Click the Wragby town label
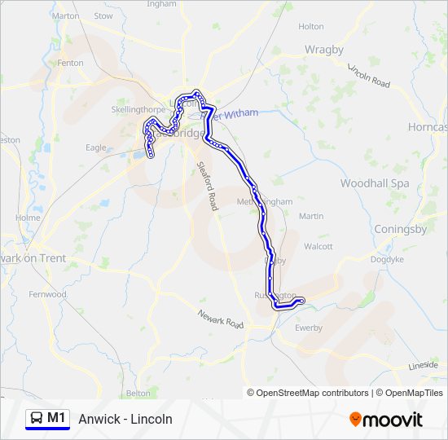(x=324, y=49)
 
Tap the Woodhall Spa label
(x=375, y=183)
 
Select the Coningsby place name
(x=400, y=229)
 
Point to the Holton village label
(x=310, y=26)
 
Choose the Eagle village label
(x=95, y=147)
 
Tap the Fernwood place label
(x=47, y=294)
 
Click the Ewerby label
(x=309, y=328)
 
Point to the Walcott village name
(x=318, y=246)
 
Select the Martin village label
(x=311, y=216)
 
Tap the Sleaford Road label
(x=207, y=186)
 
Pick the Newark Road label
(x=221, y=319)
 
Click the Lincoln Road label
(x=369, y=76)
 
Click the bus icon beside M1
(x=36, y=419)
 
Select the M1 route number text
(x=56, y=418)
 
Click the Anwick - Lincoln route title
(x=125, y=419)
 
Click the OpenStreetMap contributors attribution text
(x=312, y=393)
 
